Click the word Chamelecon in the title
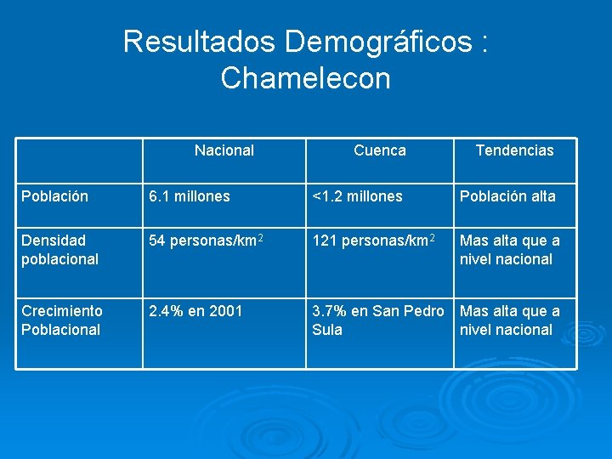(x=305, y=78)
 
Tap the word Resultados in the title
(x=200, y=41)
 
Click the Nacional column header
(x=224, y=150)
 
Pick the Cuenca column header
(x=379, y=150)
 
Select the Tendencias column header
(x=514, y=150)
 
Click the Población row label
(x=54, y=196)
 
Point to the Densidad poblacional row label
(x=60, y=250)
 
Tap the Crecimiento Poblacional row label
(x=62, y=320)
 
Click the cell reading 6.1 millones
(x=189, y=196)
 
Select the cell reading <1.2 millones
(x=357, y=196)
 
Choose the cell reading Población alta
(x=507, y=196)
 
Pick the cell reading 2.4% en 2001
(x=195, y=311)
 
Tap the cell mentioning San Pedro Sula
(x=377, y=320)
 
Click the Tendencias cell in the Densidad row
(x=509, y=250)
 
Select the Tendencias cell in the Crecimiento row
(x=509, y=320)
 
